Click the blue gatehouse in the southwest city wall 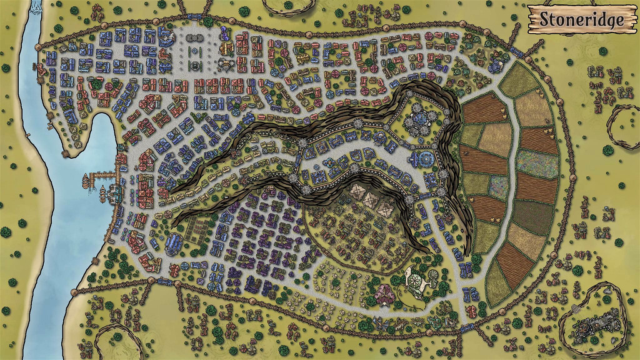tap(164, 282)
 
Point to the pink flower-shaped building tap(382, 292)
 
